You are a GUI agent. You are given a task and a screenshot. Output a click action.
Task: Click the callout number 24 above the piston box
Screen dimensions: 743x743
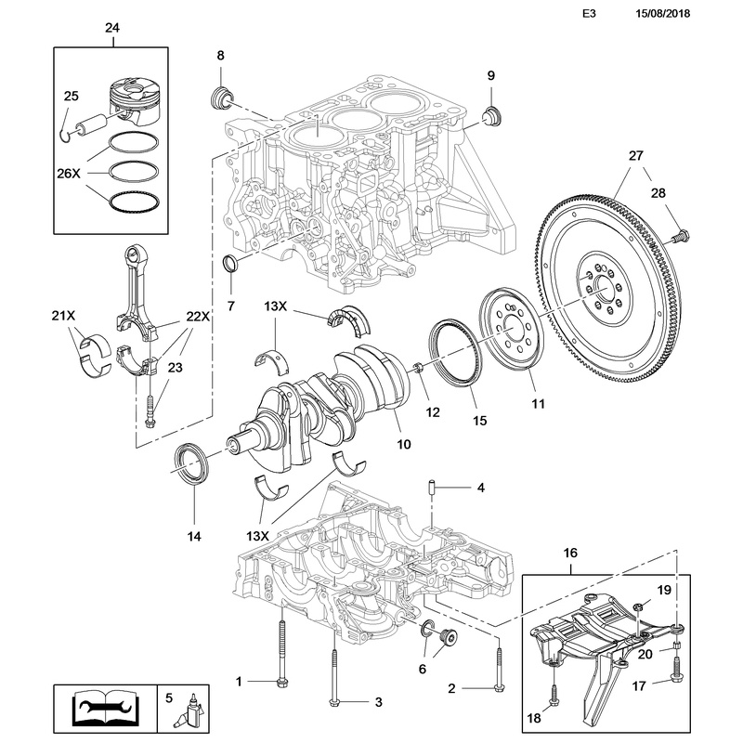[111, 29]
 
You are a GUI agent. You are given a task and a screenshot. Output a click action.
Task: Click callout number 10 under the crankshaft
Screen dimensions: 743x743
[404, 445]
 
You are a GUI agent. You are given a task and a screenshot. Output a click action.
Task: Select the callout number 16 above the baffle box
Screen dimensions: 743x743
[571, 554]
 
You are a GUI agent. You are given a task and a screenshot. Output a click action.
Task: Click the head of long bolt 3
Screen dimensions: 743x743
[333, 700]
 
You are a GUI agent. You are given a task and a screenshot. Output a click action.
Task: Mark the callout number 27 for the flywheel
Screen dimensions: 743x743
[634, 156]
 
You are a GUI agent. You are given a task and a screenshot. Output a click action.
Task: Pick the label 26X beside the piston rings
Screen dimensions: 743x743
[71, 174]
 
